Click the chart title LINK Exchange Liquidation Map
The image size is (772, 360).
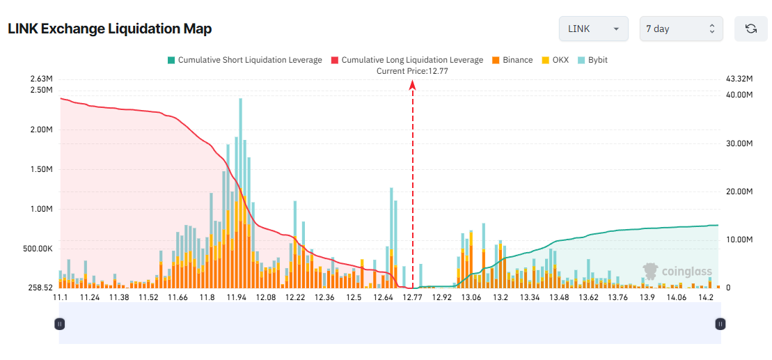click(109, 29)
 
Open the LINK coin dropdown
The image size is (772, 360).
click(593, 29)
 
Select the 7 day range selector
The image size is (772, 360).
click(681, 29)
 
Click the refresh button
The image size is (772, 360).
click(750, 29)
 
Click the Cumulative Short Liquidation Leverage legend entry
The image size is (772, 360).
click(244, 60)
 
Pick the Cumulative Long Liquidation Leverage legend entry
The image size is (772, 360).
click(407, 60)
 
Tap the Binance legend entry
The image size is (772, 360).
click(512, 60)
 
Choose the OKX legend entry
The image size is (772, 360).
click(555, 60)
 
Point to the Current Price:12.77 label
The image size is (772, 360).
click(412, 71)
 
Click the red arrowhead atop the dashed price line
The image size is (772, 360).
click(413, 85)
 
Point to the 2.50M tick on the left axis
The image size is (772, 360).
click(42, 90)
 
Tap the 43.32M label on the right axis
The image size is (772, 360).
click(739, 79)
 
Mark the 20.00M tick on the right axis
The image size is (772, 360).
click(739, 191)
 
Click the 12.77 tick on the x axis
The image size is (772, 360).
click(412, 297)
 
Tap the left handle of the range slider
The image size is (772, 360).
click(60, 324)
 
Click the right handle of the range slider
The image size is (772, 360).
click(720, 324)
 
